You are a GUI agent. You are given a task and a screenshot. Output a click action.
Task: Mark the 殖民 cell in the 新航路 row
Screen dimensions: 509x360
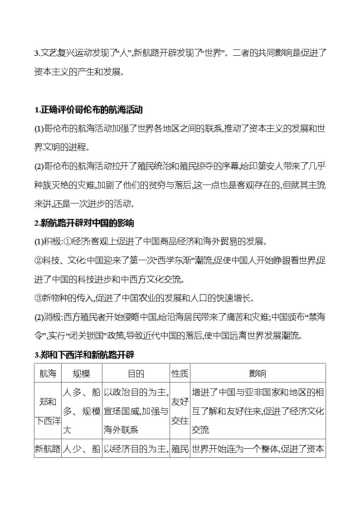180,449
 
